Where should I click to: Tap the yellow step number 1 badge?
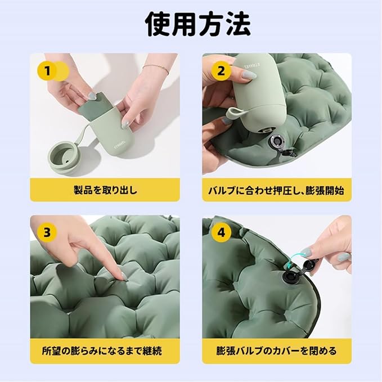tap(47, 71)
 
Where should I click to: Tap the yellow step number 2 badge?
tap(221, 71)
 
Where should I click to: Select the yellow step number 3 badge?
tap(47, 232)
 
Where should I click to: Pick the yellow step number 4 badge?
tap(221, 232)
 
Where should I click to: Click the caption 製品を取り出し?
tap(105, 190)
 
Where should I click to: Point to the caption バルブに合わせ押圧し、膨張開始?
tap(276, 190)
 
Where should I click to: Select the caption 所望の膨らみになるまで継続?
tap(102, 351)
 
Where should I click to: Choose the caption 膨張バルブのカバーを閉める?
tap(276, 351)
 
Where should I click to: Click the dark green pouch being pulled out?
tap(95, 107)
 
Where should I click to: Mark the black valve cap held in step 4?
tap(309, 265)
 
